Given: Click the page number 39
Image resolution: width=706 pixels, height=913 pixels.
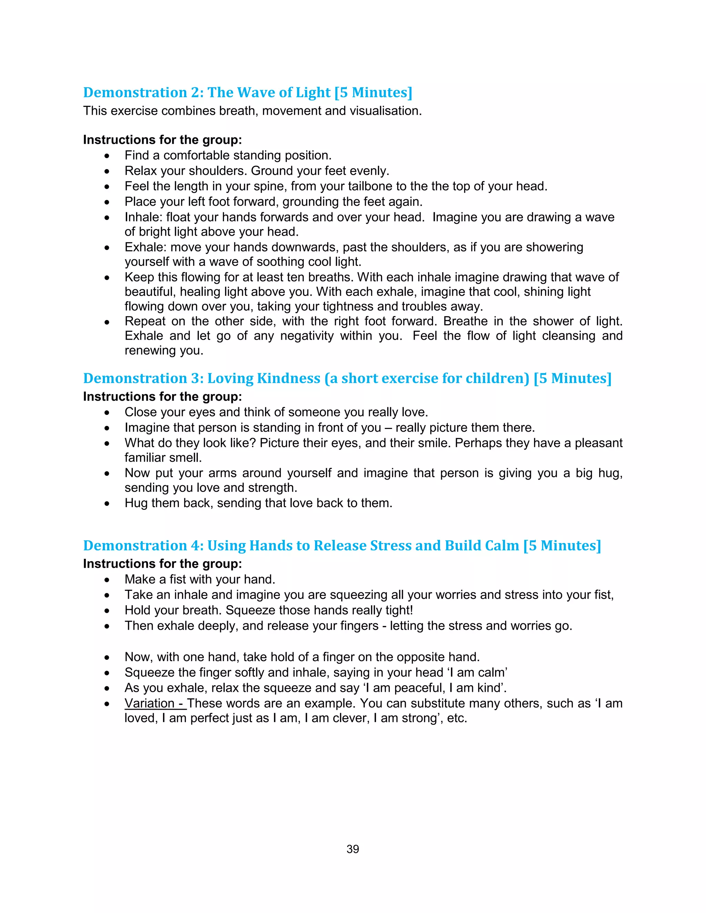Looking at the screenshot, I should tap(353, 849).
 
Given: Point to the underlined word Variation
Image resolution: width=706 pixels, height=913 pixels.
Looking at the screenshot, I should tap(149, 703).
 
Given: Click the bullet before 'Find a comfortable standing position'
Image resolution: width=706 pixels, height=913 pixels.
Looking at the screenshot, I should tap(108, 156).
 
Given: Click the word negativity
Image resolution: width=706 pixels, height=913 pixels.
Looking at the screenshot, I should tap(306, 336).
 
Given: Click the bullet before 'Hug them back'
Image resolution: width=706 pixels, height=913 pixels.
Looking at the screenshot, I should tap(108, 504).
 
